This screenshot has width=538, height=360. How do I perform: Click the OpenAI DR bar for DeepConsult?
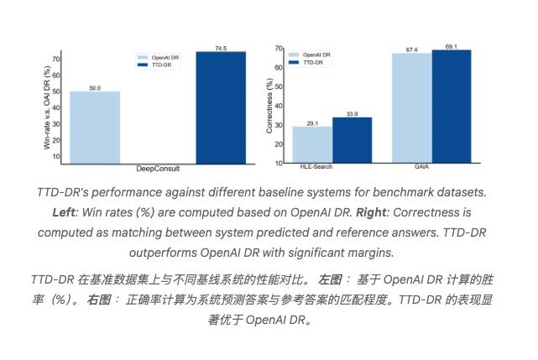(95, 127)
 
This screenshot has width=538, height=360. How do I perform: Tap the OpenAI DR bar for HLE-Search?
(311, 144)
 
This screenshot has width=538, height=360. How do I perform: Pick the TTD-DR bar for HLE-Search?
(352, 140)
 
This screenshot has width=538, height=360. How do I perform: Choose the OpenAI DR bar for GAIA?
(411, 107)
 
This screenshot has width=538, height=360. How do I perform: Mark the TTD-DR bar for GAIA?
(452, 106)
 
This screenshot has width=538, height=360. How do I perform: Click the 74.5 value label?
(221, 47)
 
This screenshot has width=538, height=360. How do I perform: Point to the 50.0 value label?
(95, 86)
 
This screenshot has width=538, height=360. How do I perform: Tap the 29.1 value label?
(311, 123)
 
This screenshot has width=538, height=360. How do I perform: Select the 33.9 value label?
(352, 113)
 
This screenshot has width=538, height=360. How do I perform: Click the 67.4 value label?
(411, 50)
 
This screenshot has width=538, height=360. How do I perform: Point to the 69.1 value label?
(452, 46)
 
